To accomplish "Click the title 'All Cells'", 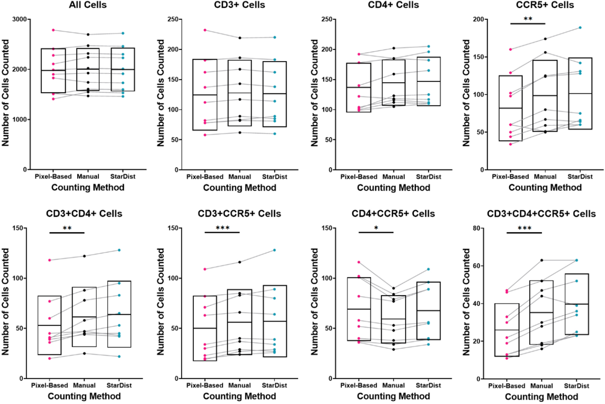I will click(x=88, y=5).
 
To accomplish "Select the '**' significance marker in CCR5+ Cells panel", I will click(x=528, y=19).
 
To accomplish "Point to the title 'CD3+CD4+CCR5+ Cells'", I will click(x=541, y=214).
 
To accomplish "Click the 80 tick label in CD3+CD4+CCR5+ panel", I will click(x=477, y=228).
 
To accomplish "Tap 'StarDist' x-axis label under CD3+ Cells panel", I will click(x=274, y=177).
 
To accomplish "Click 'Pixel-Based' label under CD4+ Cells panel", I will click(x=359, y=177).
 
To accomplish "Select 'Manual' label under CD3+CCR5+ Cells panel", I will click(x=239, y=385).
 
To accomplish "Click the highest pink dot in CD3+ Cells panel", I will click(x=205, y=30).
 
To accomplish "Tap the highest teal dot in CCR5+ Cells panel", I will click(x=580, y=28).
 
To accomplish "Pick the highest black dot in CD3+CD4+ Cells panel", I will click(x=84, y=256).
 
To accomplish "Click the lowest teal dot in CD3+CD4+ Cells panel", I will click(x=119, y=356).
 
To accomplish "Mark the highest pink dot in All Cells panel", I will click(x=53, y=30).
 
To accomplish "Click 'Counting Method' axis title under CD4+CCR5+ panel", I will click(x=393, y=396).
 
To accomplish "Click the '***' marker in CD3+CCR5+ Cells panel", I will click(x=222, y=228).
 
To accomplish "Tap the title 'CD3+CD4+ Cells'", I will click(x=84, y=214).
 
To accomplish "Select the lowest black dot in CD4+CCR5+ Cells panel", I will click(x=393, y=349).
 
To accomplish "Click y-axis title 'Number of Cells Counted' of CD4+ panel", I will click(x=314, y=93).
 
